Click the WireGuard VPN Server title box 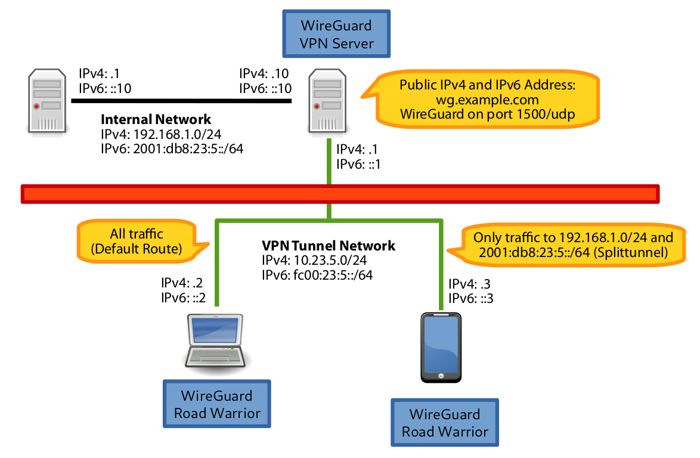[337, 35]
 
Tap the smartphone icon [440, 348]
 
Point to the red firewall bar [340, 194]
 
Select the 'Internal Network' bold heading [156, 119]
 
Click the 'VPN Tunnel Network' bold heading [329, 246]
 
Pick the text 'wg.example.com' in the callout [487, 100]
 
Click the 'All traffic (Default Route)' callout [137, 242]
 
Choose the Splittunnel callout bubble [572, 245]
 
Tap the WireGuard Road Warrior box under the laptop [217, 404]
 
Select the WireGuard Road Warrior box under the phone [445, 423]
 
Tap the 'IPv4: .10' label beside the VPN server [265, 74]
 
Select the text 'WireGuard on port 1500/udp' [488, 114]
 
